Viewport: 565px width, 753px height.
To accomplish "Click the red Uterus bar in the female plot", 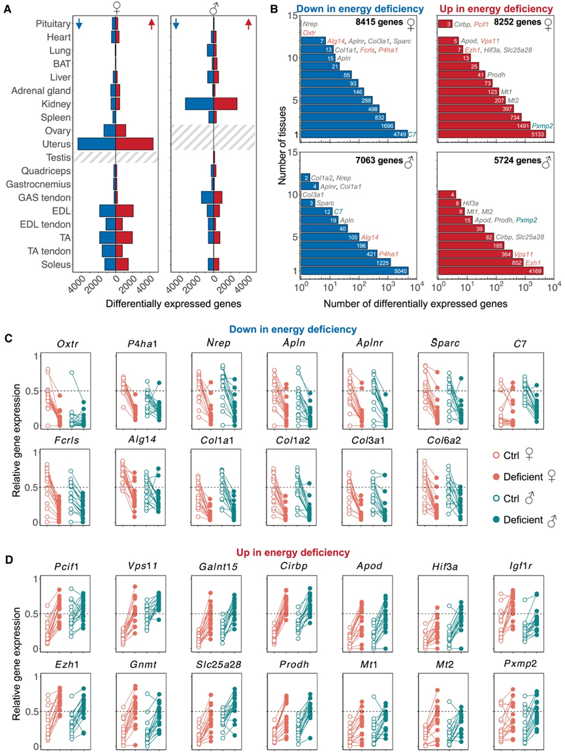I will pos(134,144).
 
